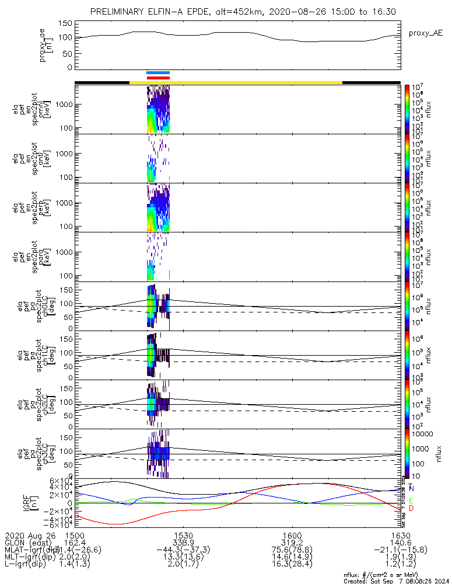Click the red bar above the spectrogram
[158, 77]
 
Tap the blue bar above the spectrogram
[158, 73]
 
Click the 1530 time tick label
[184, 535]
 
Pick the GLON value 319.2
[292, 543]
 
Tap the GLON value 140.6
[400, 543]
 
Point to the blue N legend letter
[412, 488]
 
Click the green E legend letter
[412, 500]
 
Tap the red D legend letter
[412, 509]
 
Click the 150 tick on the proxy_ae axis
[65, 23]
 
